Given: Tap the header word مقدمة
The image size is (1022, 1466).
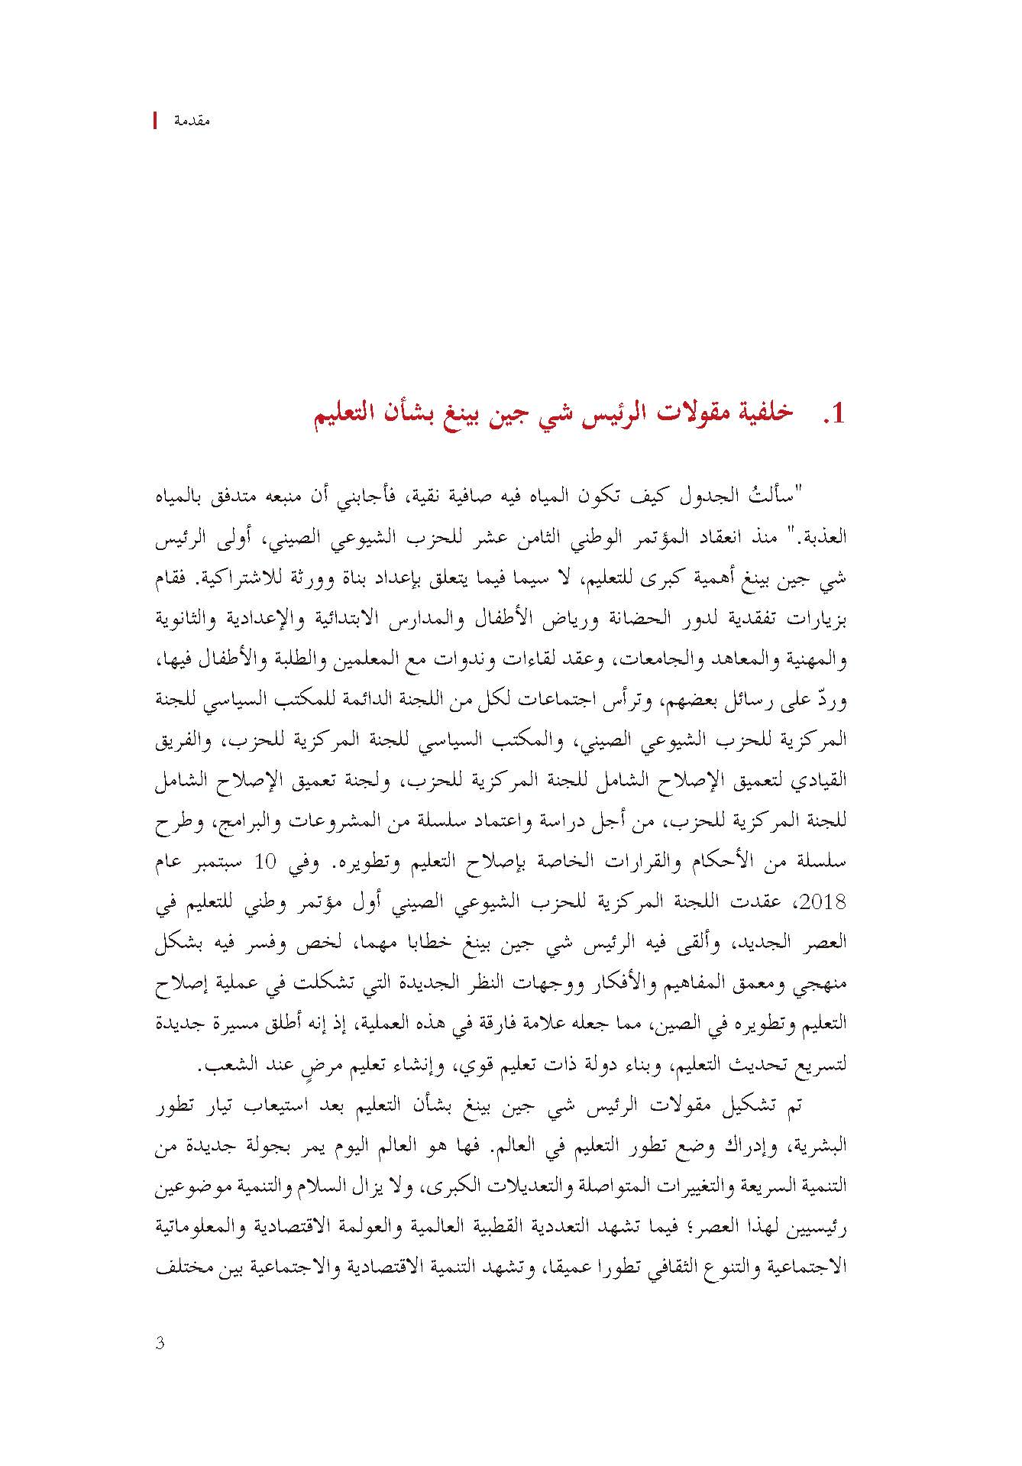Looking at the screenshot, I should pyautogui.click(x=192, y=121).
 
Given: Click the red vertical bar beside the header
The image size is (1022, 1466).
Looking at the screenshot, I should pyautogui.click(x=156, y=121).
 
